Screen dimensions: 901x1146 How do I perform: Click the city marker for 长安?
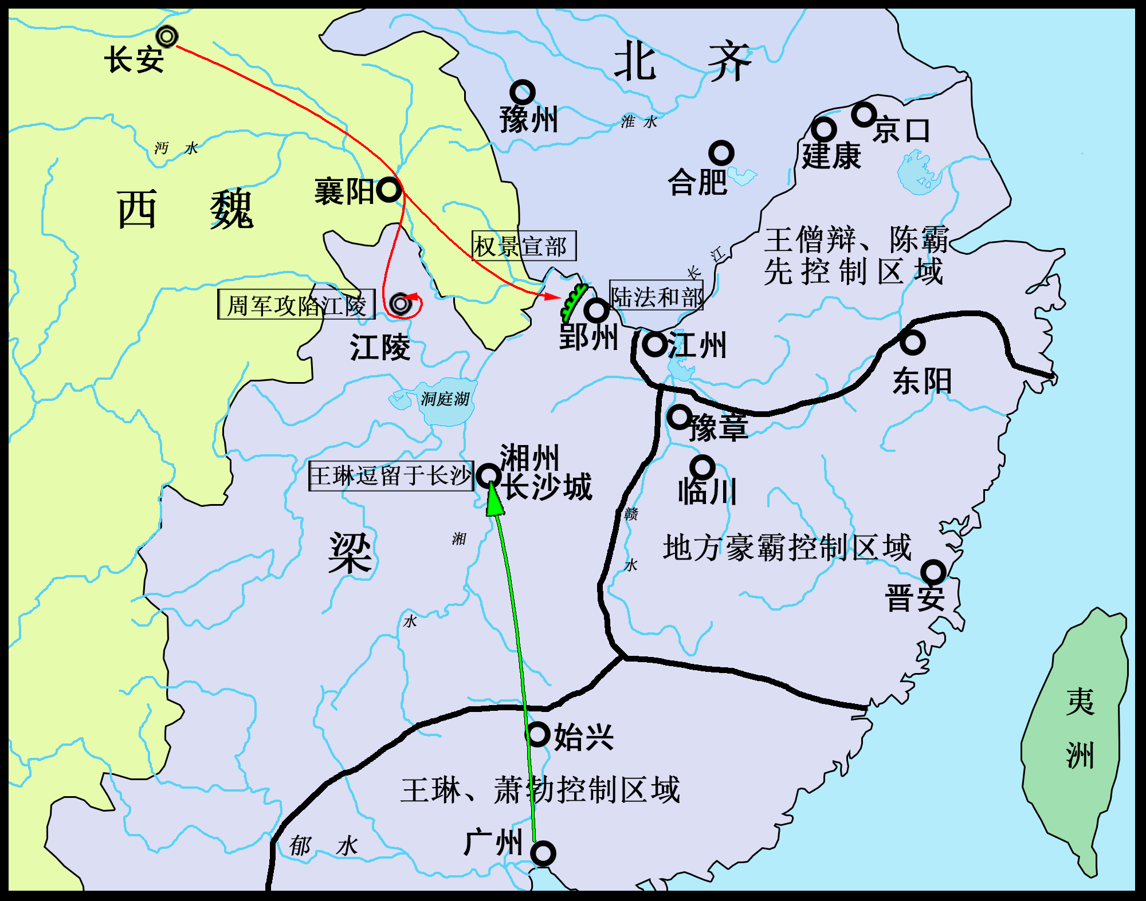[167, 37]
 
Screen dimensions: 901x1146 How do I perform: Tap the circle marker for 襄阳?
[389, 190]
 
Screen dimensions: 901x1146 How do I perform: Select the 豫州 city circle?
[523, 92]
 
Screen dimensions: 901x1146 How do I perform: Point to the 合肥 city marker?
[721, 153]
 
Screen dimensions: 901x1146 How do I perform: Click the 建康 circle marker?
[824, 130]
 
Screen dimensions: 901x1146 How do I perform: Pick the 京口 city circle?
[864, 115]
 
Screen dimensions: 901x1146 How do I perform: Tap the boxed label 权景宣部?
[524, 246]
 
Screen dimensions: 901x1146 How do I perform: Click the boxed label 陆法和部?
[656, 296]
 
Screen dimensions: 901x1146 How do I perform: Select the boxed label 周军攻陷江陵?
[296, 305]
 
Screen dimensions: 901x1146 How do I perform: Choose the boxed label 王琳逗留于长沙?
[391, 476]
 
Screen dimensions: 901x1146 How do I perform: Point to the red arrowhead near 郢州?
[553, 296]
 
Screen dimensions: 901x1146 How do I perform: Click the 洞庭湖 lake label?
[445, 399]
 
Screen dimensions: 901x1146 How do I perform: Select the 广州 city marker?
[543, 853]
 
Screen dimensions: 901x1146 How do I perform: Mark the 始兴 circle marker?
[539, 734]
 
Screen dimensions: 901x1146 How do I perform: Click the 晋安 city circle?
[933, 572]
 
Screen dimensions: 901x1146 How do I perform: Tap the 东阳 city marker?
[912, 343]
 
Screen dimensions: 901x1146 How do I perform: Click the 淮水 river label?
[639, 121]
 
